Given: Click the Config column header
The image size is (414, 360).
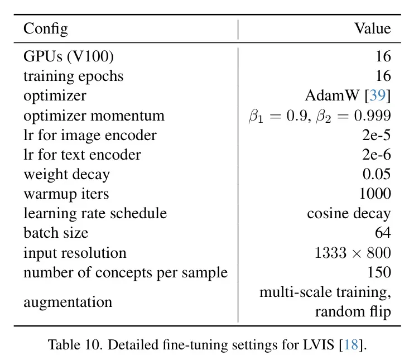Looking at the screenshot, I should pos(45,29).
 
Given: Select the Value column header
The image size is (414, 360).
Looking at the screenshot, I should pos(372,29).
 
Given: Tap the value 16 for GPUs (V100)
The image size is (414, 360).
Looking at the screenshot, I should pos(383,57).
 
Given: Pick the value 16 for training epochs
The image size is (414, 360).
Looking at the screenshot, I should pos(383,76).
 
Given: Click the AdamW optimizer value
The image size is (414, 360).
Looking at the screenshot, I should pos(334,96).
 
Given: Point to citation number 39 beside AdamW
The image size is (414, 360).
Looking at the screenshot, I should pos(378,96).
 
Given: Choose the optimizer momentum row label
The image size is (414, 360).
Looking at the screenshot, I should pos(94,116).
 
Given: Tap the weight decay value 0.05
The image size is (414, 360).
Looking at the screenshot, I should pos(377,174).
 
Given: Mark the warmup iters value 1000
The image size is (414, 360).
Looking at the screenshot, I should pos(374,194).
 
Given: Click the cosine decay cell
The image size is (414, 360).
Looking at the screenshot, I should pos(349,213).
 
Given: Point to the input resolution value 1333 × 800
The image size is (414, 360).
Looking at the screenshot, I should pos(353,253).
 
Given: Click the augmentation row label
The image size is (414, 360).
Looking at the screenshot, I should pos(68,302).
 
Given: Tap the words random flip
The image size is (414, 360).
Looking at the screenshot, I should pos(353,311).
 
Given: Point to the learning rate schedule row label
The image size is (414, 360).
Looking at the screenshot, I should pos(95,213).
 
